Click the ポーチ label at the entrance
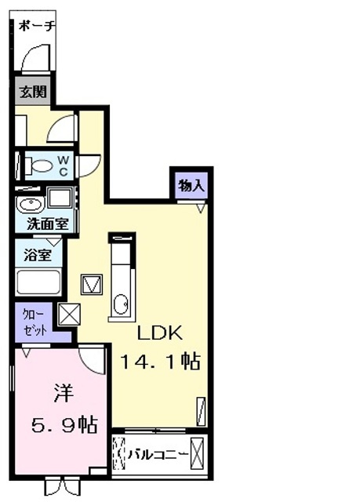pos(37,25)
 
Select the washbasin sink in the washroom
pos(30,206)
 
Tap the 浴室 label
pos(32,255)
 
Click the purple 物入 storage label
pos(191,187)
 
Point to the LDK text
pos(160,333)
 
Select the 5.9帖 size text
pos(64,425)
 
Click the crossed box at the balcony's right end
pos(198,454)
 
